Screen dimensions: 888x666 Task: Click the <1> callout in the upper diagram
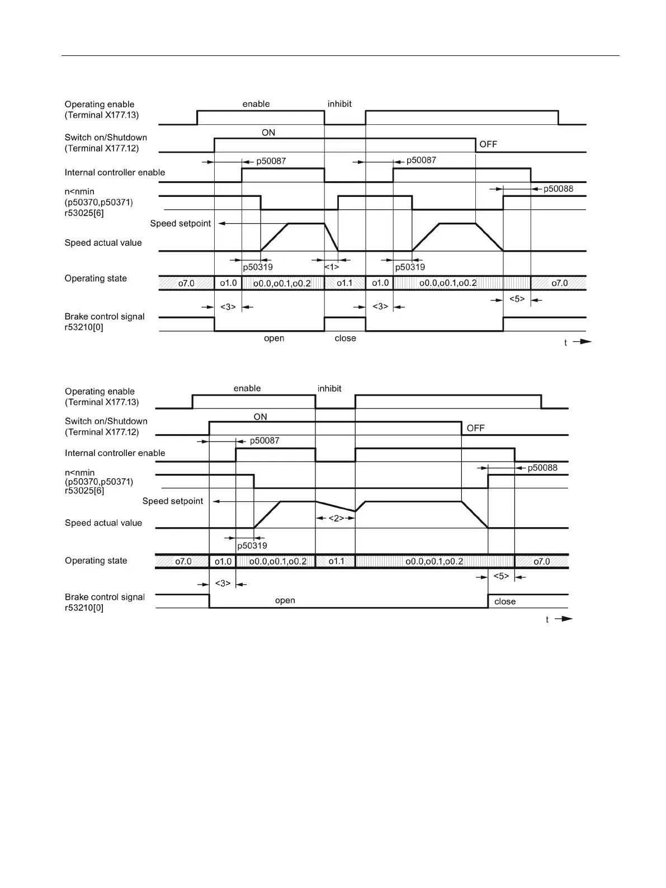tap(332, 267)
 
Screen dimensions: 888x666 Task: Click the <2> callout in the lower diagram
tap(336, 518)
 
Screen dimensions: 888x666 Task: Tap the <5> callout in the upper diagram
tap(517, 299)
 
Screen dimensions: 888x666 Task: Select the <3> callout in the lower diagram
tap(223, 583)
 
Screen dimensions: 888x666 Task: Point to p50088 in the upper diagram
tap(558, 189)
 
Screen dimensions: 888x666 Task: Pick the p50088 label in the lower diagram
tap(542, 468)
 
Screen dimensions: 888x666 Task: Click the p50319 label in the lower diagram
tap(252, 546)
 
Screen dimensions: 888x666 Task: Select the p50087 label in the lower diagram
tap(264, 440)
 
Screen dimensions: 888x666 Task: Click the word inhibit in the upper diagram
tap(339, 104)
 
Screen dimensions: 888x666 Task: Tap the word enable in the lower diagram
tap(247, 388)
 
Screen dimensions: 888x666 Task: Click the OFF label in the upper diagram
tap(488, 144)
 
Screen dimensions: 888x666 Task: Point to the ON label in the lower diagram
tap(261, 417)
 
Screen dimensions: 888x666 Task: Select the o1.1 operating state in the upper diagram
tap(344, 283)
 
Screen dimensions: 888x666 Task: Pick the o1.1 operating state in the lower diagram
tap(336, 561)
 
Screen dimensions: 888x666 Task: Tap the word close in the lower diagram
tap(505, 602)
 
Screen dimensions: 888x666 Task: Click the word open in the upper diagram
tap(274, 339)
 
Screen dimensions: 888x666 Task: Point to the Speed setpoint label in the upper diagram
tap(180, 223)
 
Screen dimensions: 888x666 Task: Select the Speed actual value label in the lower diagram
tap(103, 523)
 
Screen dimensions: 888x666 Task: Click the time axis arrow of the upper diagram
tap(582, 341)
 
